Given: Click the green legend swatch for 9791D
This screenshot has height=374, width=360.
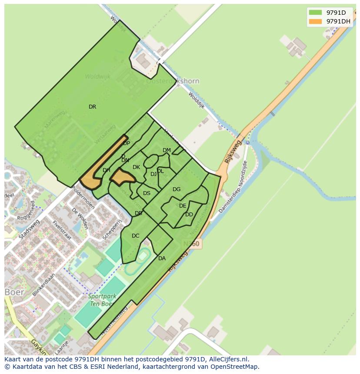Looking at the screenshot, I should coord(315,13).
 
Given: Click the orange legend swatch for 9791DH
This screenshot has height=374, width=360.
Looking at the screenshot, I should coord(315,21).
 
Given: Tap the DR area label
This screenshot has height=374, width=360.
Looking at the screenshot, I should coord(92,107).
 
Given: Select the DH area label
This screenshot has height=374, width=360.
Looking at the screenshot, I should coord(107,170).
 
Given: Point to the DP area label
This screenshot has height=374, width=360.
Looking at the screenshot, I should coord(127,143).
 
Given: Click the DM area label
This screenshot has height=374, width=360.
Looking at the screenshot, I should coord(167,150).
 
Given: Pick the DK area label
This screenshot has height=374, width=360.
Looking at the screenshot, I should coord(136,167).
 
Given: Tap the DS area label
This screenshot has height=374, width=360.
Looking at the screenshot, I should coord(147,193).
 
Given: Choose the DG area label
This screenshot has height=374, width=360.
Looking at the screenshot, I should coord(176,189).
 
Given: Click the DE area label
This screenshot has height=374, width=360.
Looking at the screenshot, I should coord(183,206).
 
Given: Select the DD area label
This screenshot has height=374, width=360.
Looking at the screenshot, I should coord(189,215).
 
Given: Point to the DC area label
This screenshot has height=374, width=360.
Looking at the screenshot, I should coord(135,236).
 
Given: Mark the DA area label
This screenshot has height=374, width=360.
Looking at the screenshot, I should coord(162,258).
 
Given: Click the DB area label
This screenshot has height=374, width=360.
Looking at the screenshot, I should coord(138,213).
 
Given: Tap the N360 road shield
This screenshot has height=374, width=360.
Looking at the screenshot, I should coord(191,244).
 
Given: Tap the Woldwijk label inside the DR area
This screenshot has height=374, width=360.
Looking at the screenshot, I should coord(97,76).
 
